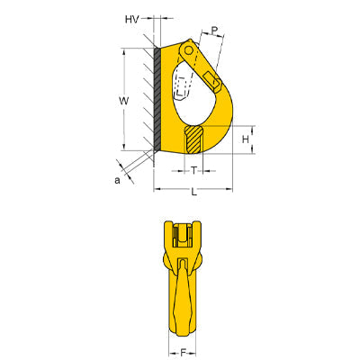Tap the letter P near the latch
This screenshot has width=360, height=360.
tap(215, 31)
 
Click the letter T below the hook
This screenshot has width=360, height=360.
tap(193, 170)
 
